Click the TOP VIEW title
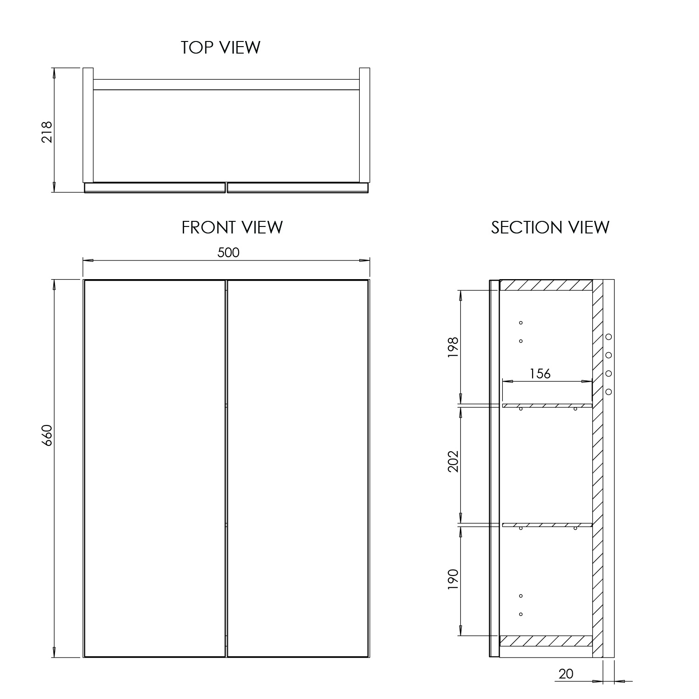[x=220, y=47]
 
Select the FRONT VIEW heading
[x=232, y=227]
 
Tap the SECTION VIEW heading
[x=550, y=227]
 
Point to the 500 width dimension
[x=228, y=252]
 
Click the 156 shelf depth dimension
[x=540, y=373]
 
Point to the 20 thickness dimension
[x=566, y=674]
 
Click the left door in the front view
[x=155, y=468]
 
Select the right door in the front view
[x=298, y=468]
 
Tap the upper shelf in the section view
[x=547, y=405]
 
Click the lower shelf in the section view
[x=547, y=525]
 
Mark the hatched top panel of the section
[x=546, y=285]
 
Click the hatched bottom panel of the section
[x=546, y=641]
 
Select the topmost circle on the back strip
[x=609, y=336]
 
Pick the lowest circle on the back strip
[x=609, y=392]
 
